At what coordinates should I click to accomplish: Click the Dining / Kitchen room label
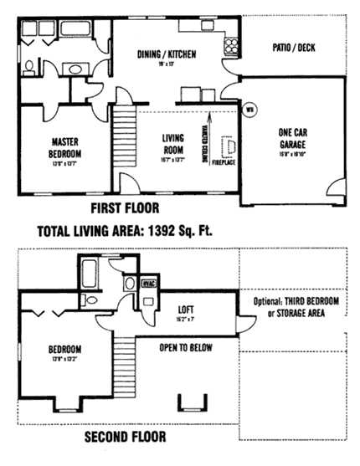167,54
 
